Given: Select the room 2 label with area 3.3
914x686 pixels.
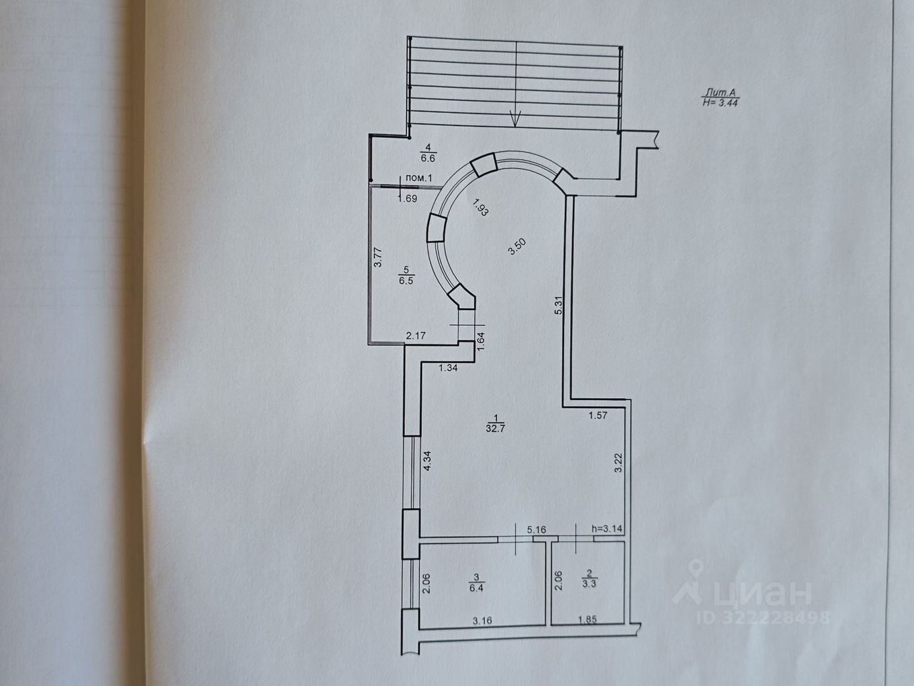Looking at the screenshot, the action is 588,578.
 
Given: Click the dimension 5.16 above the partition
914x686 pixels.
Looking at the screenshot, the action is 536,530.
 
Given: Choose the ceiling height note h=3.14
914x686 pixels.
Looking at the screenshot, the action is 608,530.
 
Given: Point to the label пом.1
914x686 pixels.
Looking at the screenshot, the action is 419,177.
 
